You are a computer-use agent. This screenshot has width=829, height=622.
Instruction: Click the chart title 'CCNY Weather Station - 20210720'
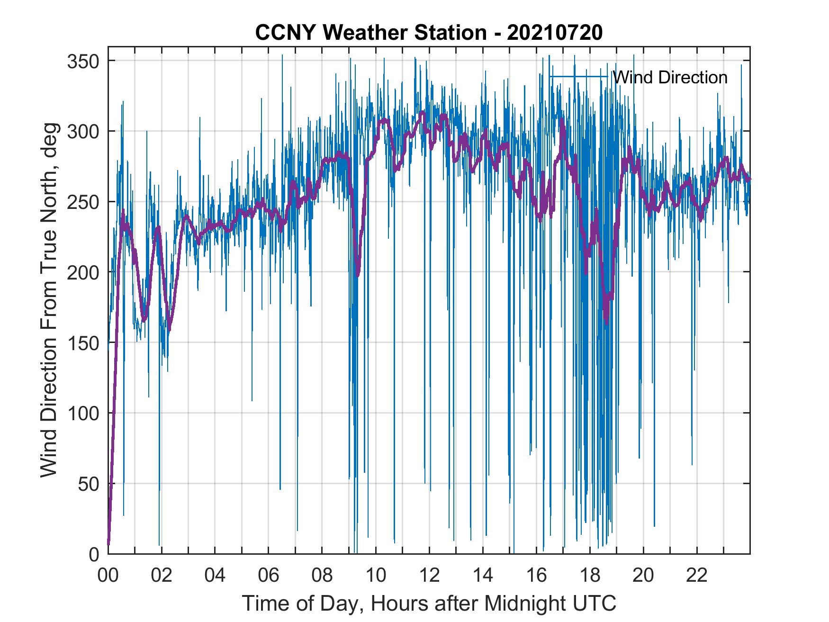tap(429, 33)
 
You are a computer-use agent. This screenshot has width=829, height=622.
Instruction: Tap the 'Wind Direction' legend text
tap(670, 77)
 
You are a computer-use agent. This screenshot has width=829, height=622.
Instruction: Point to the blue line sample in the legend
tap(578, 77)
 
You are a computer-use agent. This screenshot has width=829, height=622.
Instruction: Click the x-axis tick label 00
tap(108, 576)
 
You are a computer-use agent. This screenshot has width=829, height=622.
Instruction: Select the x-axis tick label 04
tap(215, 576)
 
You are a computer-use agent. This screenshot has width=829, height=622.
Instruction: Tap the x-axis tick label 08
tap(322, 576)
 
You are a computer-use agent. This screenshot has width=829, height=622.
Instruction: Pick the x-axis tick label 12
tap(429, 576)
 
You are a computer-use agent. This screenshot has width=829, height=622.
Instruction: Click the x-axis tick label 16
tap(536, 576)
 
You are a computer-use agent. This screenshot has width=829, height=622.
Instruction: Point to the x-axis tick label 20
tap(643, 576)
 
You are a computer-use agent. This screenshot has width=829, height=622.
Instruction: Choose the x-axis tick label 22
tap(697, 576)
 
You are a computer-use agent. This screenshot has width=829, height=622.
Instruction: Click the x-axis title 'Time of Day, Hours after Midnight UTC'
tap(429, 604)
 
